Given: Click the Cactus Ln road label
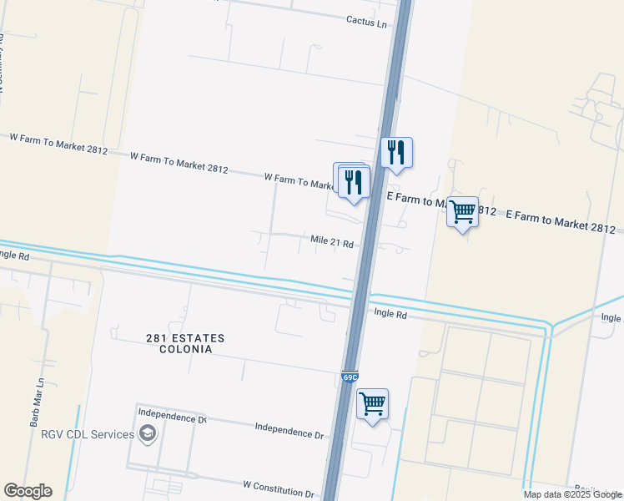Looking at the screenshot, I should point(367,23).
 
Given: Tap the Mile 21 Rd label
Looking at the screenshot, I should point(332,242).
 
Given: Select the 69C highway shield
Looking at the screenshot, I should point(350,377).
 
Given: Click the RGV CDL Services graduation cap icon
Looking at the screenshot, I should point(148,433).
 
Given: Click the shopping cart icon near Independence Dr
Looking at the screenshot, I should point(372,405).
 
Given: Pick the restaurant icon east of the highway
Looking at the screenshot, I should point(397,152).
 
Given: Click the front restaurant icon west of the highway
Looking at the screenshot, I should point(355,181).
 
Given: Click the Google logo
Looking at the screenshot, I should point(28,491).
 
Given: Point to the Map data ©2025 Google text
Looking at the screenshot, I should point(571,494).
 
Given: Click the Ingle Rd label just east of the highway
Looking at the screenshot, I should point(390,314).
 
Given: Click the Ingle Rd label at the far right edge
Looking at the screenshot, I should point(611,317).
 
